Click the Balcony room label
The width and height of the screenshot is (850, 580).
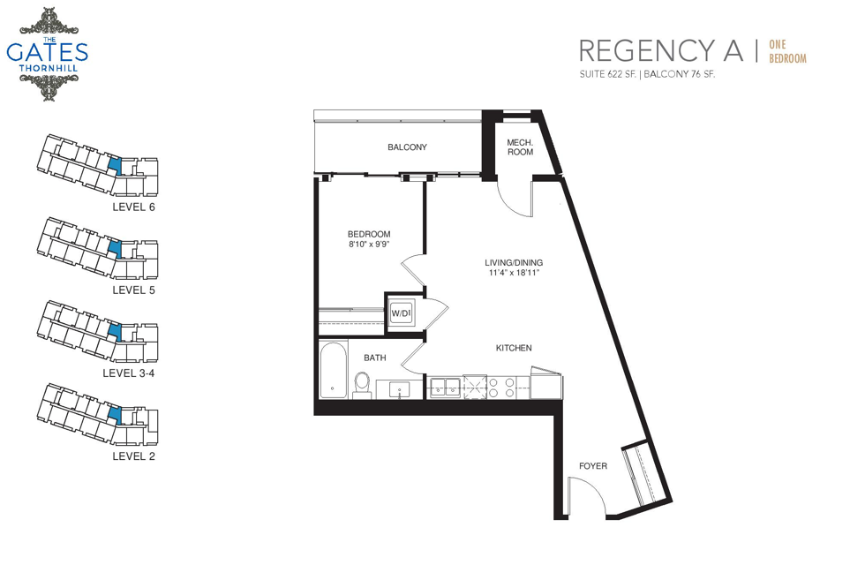tap(407, 147)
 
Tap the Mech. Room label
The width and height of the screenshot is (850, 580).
tap(520, 147)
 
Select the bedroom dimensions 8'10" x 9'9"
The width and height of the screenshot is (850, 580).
tap(369, 244)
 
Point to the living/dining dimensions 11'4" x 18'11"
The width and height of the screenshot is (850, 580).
tap(514, 273)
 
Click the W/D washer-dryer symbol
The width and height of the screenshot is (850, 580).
tap(402, 313)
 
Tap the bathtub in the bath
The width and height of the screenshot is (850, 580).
tap(333, 370)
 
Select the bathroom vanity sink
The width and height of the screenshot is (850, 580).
tap(399, 389)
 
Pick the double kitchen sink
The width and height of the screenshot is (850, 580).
tap(445, 388)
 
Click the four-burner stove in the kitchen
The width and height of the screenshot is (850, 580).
tap(501, 387)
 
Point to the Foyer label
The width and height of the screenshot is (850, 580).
tap(593, 465)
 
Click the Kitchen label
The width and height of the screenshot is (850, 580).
tap(514, 348)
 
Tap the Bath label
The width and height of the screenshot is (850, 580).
tap(375, 358)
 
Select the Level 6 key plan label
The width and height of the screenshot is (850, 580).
tap(133, 207)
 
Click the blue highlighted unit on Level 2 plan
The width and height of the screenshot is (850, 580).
tap(114, 415)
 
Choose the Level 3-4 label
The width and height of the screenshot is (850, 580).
tap(129, 373)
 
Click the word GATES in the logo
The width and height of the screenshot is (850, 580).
tap(47, 53)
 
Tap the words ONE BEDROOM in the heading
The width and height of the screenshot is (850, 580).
tap(787, 51)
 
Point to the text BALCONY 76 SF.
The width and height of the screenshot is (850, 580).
tap(680, 74)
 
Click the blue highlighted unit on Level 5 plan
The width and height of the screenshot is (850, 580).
tap(114, 248)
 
